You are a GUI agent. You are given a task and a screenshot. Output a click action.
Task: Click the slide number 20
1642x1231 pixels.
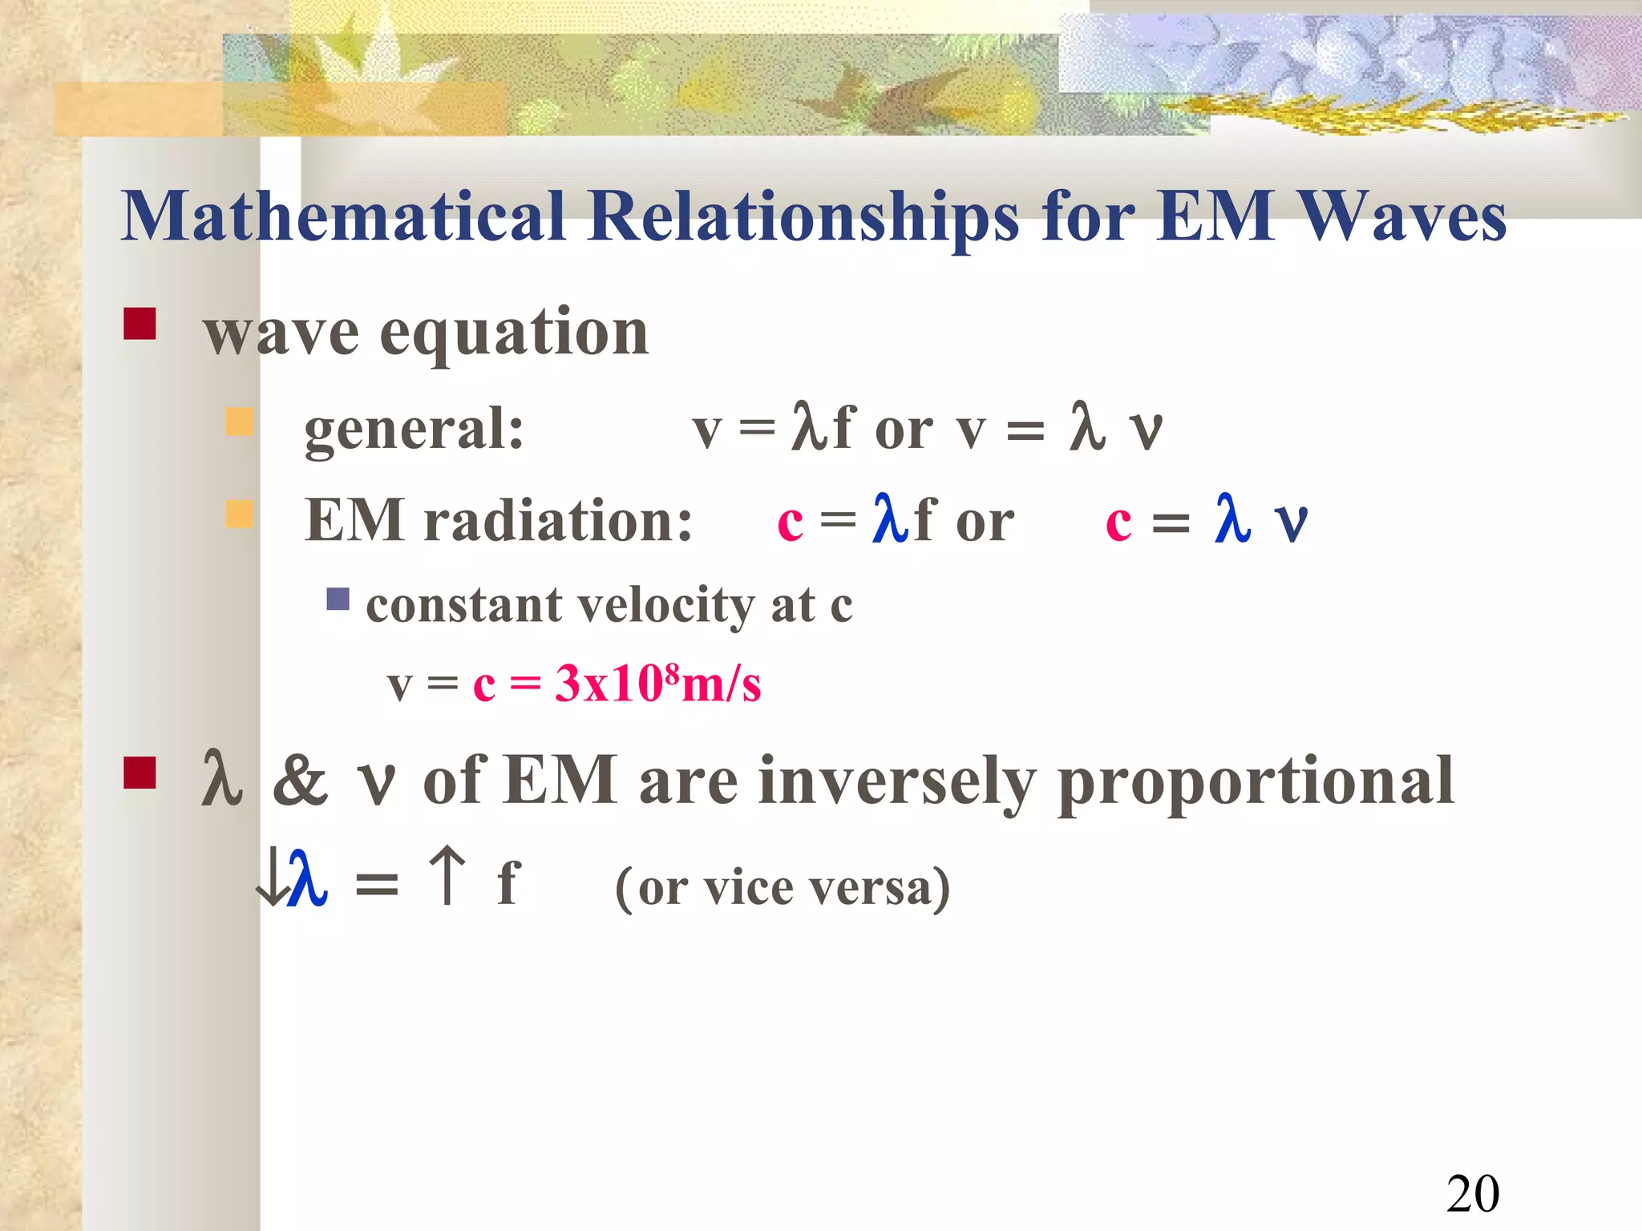click(x=1472, y=1193)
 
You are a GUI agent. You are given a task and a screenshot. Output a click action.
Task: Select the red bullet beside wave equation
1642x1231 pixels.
click(x=140, y=324)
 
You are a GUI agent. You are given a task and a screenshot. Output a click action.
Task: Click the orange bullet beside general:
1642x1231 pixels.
click(x=239, y=421)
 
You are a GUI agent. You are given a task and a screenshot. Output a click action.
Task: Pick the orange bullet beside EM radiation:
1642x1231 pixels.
click(x=239, y=514)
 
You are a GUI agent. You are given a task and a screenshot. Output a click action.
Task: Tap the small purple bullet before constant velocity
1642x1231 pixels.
click(x=338, y=599)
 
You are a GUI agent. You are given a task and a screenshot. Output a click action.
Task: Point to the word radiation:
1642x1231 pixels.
click(x=558, y=521)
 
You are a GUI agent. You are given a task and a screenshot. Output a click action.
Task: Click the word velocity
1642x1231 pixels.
click(x=665, y=605)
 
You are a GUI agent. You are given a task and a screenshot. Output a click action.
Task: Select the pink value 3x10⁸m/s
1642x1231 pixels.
click(x=657, y=684)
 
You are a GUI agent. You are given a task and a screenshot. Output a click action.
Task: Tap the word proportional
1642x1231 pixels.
click(x=1255, y=781)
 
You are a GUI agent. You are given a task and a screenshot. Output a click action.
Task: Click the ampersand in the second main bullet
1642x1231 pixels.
click(x=300, y=781)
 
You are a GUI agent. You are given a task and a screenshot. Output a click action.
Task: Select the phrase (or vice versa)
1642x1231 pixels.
click(x=782, y=888)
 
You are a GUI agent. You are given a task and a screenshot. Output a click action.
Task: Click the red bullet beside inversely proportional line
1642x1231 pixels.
click(x=140, y=773)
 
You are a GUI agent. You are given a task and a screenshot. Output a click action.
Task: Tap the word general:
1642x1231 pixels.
click(x=414, y=429)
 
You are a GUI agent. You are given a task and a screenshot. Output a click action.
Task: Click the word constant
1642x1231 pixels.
click(x=463, y=605)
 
